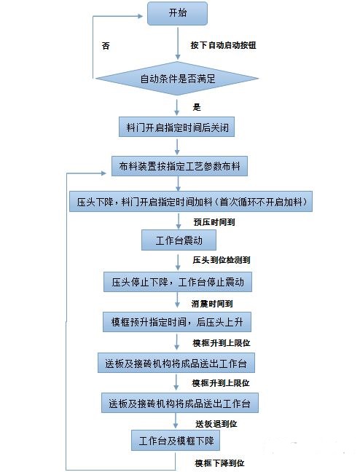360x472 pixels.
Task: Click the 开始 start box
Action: [177, 13]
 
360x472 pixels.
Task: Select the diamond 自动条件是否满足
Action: [177, 79]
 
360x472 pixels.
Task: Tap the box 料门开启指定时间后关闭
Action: [176, 127]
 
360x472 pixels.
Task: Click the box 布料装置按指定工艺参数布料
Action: [179, 166]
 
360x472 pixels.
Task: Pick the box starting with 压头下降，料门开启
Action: [191, 201]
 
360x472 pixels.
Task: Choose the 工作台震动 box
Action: [179, 240]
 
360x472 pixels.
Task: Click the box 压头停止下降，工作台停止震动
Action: [178, 282]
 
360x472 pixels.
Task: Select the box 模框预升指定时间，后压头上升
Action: [177, 322]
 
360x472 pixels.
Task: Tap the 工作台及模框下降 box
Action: [176, 441]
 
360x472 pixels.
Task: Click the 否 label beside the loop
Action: [106, 46]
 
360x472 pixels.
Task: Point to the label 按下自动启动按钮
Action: [223, 45]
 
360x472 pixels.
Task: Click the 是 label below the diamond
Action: [197, 107]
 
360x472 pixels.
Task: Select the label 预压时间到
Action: [214, 222]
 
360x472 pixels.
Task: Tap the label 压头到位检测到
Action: [222, 260]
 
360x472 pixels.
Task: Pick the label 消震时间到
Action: [212, 304]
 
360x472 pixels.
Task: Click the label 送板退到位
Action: [216, 424]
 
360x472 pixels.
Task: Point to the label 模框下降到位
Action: [219, 463]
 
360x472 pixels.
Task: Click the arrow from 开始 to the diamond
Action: [178, 44]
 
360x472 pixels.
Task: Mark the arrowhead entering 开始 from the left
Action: [140, 16]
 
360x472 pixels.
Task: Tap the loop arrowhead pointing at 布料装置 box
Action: [103, 173]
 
